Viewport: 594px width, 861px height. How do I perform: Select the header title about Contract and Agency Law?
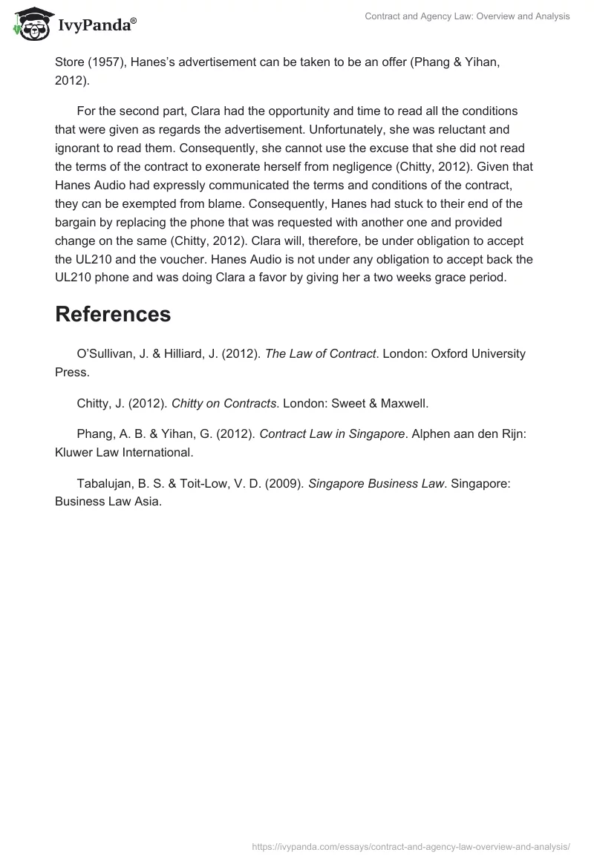pyautogui.click(x=467, y=16)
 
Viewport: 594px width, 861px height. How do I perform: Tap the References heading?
pyautogui.click(x=113, y=314)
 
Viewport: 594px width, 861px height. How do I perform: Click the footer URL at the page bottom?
pyautogui.click(x=411, y=845)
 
